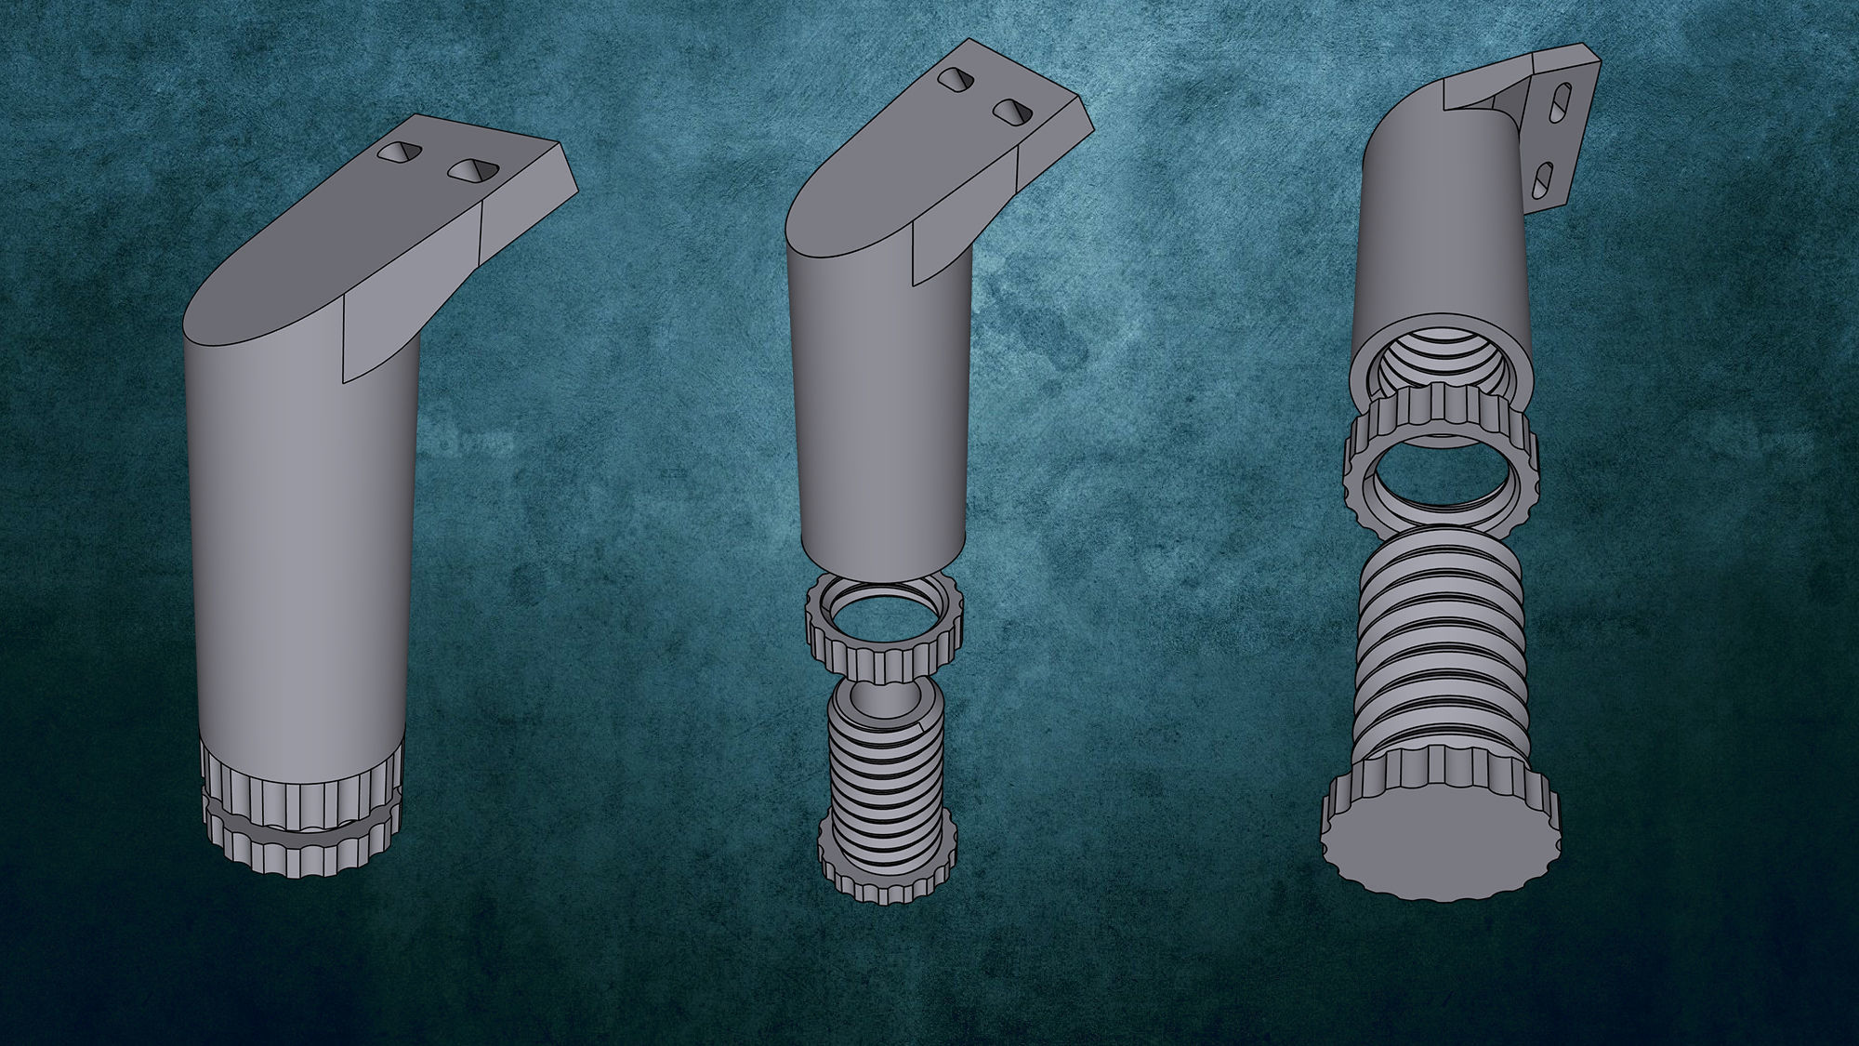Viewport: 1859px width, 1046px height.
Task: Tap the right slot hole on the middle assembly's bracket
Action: (1013, 112)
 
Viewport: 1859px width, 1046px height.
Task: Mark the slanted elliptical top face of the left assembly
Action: (307, 260)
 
